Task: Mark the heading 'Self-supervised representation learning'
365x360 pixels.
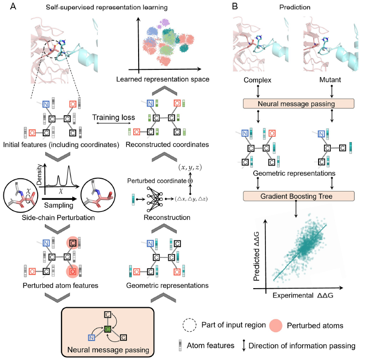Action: pyautogui.click(x=97, y=8)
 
